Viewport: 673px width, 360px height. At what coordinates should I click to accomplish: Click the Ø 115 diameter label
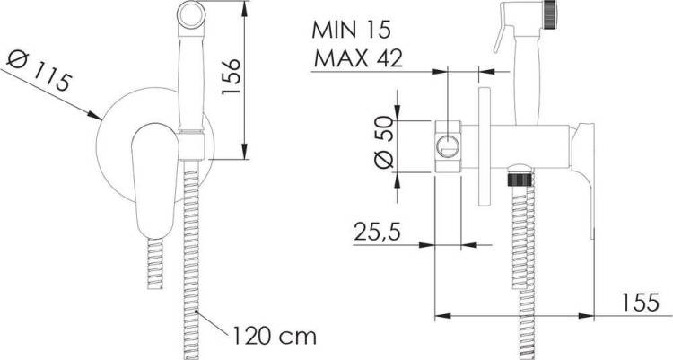pyautogui.click(x=39, y=72)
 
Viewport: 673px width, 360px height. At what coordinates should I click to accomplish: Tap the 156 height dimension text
pyautogui.click(x=230, y=76)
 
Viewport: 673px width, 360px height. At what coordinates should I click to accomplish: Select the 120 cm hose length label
pyautogui.click(x=275, y=336)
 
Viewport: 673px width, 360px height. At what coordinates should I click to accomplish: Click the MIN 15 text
pyautogui.click(x=352, y=30)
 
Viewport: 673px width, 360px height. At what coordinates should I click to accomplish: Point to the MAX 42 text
pyautogui.click(x=358, y=58)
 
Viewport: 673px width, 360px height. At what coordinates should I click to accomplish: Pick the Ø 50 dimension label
pyautogui.click(x=384, y=142)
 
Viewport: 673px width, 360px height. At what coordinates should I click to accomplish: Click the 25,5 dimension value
pyautogui.click(x=377, y=232)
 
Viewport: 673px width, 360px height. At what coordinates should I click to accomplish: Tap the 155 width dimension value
pyautogui.click(x=640, y=303)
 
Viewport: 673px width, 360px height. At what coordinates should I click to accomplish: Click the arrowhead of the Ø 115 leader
pyautogui.click(x=95, y=115)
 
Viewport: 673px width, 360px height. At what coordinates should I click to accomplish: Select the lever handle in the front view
pyautogui.click(x=153, y=180)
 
